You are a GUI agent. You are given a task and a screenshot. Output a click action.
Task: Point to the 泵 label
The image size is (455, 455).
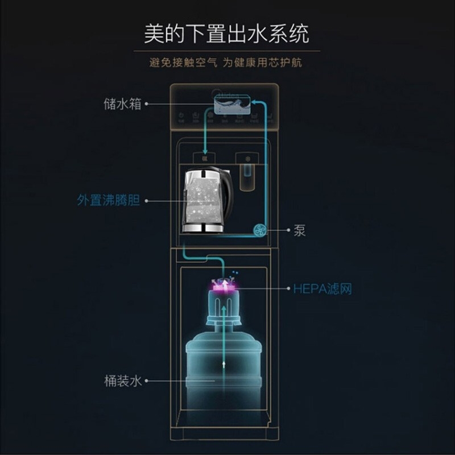pos(300,230)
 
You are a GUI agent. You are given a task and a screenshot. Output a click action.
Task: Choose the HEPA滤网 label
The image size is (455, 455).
pos(322,289)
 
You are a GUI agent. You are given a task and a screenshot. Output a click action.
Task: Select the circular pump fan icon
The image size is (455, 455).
pos(260,230)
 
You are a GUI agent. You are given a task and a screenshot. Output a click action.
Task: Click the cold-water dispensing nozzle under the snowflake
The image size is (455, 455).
pos(247,176)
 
